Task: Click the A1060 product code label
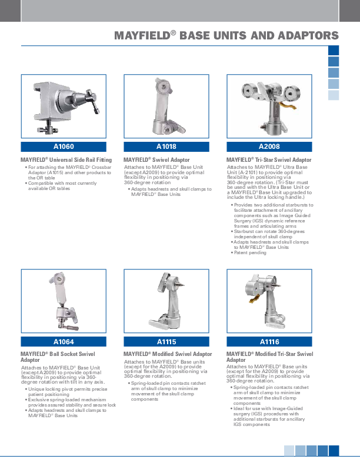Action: tap(64, 147)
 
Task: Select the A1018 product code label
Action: tap(166, 147)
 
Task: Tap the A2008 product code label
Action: tap(269, 147)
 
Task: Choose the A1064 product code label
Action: tap(64, 342)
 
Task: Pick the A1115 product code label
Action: tap(166, 342)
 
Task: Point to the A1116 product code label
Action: tap(269, 342)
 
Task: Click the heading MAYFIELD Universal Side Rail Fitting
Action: tap(66, 160)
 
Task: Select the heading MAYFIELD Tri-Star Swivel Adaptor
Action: tap(269, 160)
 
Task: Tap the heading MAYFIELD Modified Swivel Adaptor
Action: tap(168, 354)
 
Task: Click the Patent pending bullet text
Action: tap(250, 252)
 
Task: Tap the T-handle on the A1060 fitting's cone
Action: tap(92, 101)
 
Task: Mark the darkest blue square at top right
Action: tap(334, 50)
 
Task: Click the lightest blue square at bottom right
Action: tap(289, 451)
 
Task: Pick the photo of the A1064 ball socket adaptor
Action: tap(64, 301)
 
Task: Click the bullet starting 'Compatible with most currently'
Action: tap(62, 186)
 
